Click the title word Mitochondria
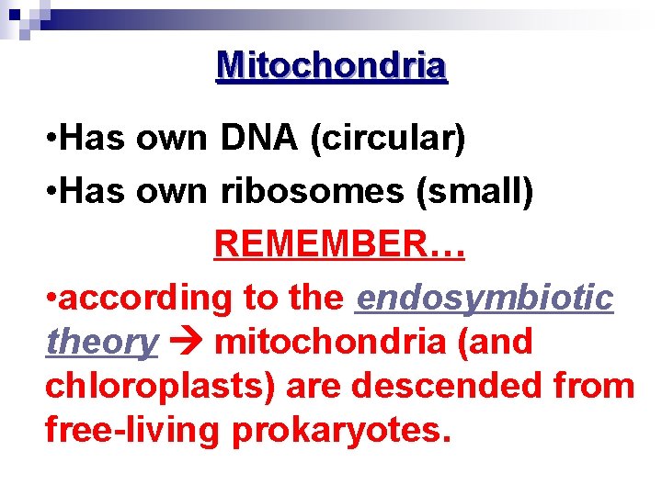coord(332,66)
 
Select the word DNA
coord(259,140)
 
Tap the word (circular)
coord(388,140)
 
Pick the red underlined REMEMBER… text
coord(339,244)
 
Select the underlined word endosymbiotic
coord(484,298)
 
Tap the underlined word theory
coord(101,342)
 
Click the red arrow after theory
coord(186,343)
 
